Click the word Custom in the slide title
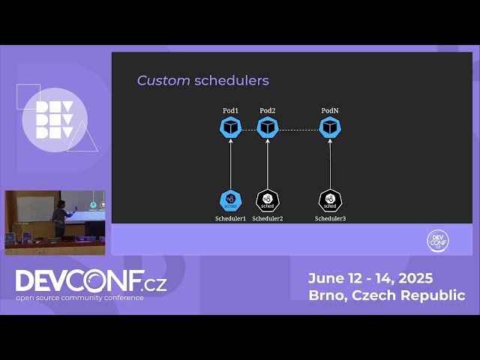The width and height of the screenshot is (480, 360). pyautogui.click(x=163, y=80)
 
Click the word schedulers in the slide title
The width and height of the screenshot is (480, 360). pyautogui.click(x=231, y=80)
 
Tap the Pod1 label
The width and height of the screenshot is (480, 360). pyautogui.click(x=231, y=111)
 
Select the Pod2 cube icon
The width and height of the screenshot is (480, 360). pyautogui.click(x=268, y=127)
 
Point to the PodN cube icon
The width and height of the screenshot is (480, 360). pyautogui.click(x=330, y=127)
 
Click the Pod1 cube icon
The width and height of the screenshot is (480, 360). pyautogui.click(x=231, y=127)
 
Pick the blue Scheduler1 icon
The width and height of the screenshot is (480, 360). pyautogui.click(x=231, y=200)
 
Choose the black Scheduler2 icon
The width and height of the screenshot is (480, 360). pyautogui.click(x=268, y=200)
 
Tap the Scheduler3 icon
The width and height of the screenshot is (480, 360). pyautogui.click(x=330, y=200)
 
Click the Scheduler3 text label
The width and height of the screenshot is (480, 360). pyautogui.click(x=330, y=218)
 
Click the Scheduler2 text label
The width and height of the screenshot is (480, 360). pyautogui.click(x=268, y=218)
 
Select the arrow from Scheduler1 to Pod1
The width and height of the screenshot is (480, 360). pyautogui.click(x=231, y=165)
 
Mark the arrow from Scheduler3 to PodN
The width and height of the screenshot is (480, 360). pyautogui.click(x=330, y=165)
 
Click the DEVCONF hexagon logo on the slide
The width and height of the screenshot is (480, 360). pyautogui.click(x=436, y=241)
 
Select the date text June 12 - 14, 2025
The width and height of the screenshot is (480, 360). pyautogui.click(x=370, y=278)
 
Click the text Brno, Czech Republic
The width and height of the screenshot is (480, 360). pyautogui.click(x=386, y=295)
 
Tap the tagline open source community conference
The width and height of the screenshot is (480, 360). pyautogui.click(x=80, y=298)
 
